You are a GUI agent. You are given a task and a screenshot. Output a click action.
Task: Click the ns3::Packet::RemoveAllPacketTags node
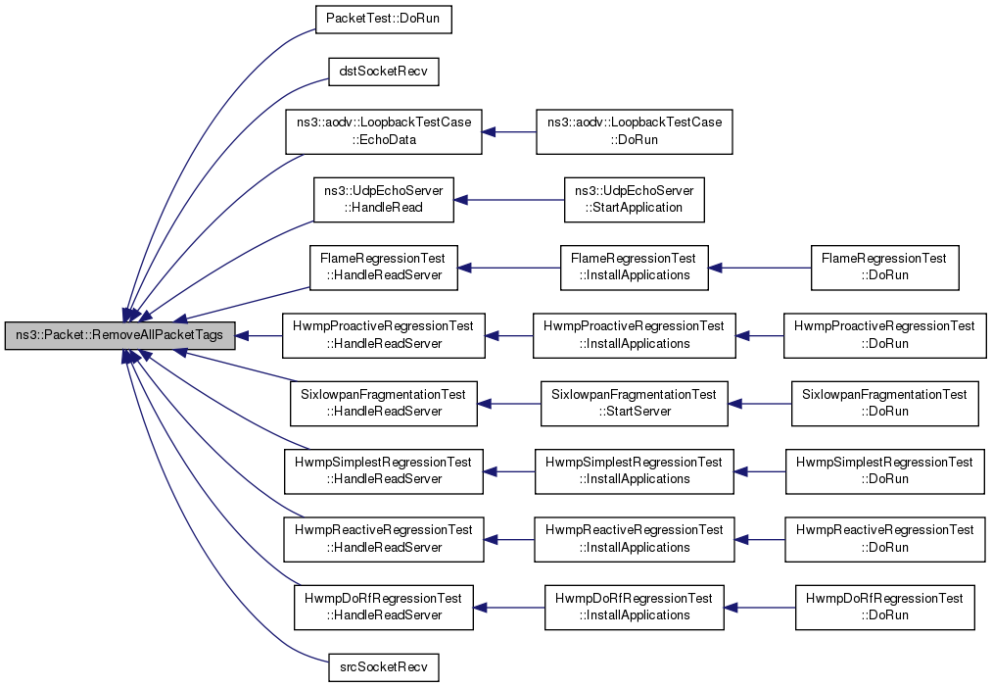click(x=120, y=335)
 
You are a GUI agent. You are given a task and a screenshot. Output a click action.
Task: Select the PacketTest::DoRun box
click(x=384, y=19)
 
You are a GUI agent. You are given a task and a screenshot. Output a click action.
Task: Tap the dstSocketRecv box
click(x=384, y=72)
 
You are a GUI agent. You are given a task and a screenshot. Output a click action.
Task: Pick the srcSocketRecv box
click(x=384, y=667)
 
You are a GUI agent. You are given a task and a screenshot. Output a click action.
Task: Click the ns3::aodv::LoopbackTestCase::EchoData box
click(x=384, y=131)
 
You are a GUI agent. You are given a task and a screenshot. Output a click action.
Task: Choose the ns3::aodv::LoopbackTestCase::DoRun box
click(x=634, y=131)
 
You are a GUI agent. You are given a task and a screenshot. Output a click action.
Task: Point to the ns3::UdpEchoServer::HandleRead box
click(x=384, y=200)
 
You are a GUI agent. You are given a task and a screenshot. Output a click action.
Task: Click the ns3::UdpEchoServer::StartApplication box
click(x=634, y=200)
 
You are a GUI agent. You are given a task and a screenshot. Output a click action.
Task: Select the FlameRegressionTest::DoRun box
click(x=884, y=268)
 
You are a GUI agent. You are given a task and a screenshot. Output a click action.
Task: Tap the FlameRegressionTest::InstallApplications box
click(x=634, y=268)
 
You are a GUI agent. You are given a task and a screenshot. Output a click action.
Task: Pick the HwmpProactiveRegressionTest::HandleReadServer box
click(x=384, y=335)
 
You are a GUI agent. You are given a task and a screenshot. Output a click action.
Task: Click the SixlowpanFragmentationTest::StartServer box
click(x=634, y=404)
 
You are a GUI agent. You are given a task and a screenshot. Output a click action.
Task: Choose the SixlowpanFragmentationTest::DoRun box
click(x=884, y=404)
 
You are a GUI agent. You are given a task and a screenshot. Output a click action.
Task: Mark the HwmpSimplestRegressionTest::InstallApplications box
click(x=634, y=471)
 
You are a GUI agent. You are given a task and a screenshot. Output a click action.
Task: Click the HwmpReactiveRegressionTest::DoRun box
click(x=884, y=539)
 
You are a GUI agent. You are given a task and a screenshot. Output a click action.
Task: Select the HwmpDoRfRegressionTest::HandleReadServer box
click(x=384, y=608)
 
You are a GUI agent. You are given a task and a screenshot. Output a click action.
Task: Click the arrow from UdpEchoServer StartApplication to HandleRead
click(x=509, y=200)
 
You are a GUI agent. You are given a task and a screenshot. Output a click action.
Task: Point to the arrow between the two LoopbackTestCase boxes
click(x=509, y=131)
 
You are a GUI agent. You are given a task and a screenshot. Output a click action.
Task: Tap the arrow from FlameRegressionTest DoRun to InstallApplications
click(x=759, y=268)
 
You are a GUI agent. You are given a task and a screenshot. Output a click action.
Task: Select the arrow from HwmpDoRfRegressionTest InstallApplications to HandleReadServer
click(x=509, y=608)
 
